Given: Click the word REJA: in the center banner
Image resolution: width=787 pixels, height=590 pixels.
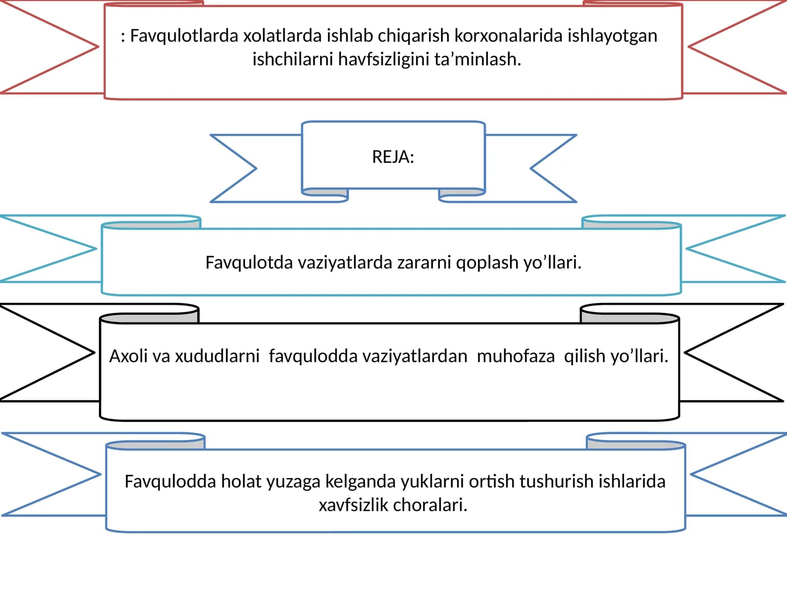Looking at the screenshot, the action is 393,157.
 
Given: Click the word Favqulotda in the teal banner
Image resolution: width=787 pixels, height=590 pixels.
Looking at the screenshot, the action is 249,263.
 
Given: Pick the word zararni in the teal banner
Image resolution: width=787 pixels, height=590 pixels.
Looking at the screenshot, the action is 424,263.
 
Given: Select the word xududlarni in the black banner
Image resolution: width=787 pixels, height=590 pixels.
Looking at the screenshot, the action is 217,356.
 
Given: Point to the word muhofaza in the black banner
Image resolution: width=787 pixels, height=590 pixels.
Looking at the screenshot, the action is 515,356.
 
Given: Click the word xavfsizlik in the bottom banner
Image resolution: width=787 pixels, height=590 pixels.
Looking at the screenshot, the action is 354,505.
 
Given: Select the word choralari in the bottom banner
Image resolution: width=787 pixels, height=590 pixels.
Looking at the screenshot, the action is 429,505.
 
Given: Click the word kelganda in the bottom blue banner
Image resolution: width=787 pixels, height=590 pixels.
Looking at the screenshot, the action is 361,482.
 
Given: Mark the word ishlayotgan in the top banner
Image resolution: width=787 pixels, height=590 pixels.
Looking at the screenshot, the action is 612,36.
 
